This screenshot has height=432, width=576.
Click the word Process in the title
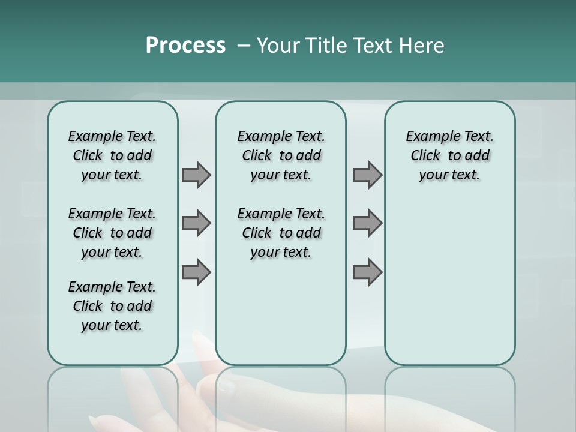pos(185,46)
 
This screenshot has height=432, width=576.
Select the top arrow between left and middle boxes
pos(196,175)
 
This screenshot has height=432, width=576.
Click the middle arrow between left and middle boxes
pos(196,223)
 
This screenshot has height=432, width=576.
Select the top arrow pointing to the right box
pos(367,175)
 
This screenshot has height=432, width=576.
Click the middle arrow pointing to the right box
pos(367,223)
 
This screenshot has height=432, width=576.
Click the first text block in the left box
pos(112,155)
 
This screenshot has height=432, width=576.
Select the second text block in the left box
pos(112,233)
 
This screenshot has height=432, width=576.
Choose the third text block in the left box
pos(112,306)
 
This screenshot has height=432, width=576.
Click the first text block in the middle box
pos(281,155)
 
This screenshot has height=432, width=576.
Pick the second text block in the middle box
pos(281,233)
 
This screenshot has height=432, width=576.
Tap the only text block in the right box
pos(449,155)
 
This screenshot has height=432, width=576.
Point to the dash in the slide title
pos(243,46)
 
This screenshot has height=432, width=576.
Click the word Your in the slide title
pos(275,46)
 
